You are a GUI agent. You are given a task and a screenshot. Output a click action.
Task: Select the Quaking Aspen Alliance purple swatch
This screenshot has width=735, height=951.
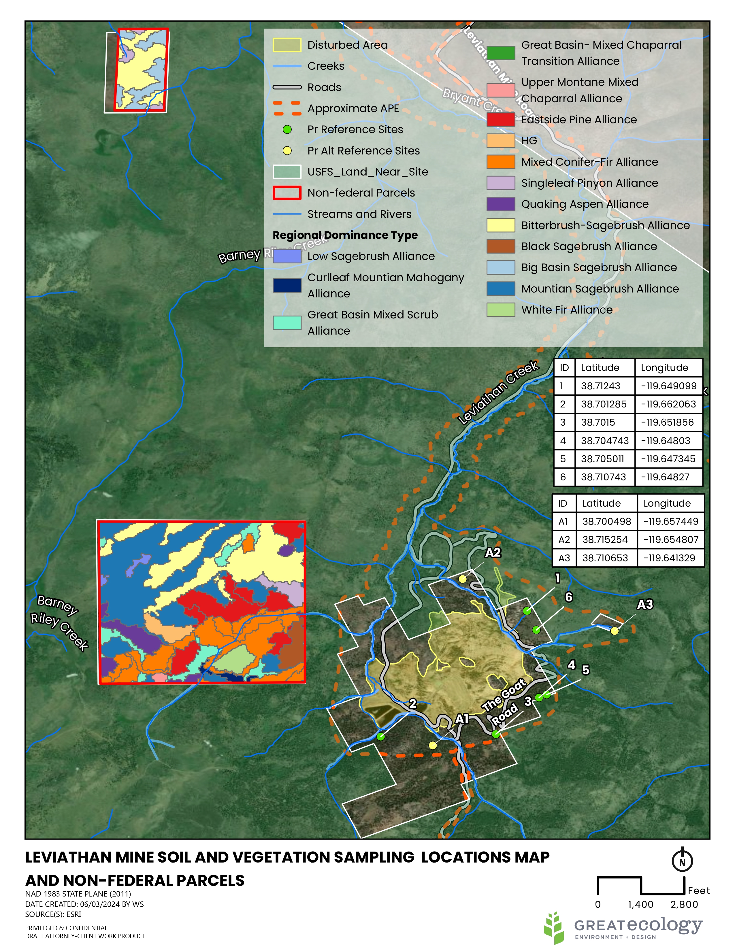click(501, 204)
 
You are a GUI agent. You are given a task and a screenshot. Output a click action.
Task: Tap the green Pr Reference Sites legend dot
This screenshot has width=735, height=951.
click(287, 129)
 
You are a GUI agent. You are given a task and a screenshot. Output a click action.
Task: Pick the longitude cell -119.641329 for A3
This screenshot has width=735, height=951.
click(669, 558)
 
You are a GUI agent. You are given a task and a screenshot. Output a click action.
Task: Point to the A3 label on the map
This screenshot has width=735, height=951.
click(645, 604)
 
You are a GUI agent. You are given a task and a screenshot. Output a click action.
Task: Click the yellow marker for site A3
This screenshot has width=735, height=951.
click(615, 631)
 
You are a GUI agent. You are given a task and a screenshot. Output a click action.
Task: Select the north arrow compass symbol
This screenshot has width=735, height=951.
click(682, 860)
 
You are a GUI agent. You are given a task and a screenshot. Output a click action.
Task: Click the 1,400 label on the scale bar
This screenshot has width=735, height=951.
click(640, 904)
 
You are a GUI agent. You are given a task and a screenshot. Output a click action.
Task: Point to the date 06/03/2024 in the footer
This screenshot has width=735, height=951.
click(101, 904)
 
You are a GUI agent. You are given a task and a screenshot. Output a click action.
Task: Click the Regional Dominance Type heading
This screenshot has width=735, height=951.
click(345, 235)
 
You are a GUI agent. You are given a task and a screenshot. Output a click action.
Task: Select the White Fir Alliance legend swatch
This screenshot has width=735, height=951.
click(501, 310)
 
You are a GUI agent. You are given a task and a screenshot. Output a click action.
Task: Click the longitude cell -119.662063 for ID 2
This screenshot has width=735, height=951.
click(668, 404)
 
